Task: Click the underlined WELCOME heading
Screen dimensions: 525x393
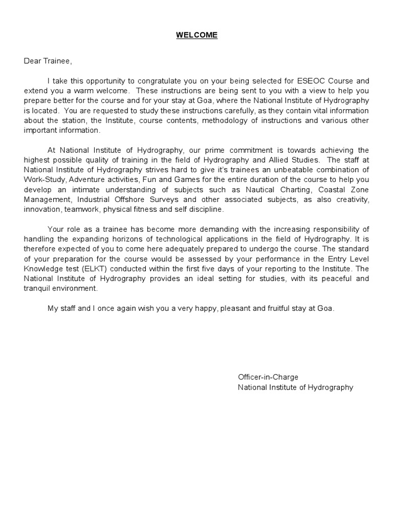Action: (x=196, y=35)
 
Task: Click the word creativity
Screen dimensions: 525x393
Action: (x=351, y=199)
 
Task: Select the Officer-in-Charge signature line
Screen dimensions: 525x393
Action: (x=268, y=377)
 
